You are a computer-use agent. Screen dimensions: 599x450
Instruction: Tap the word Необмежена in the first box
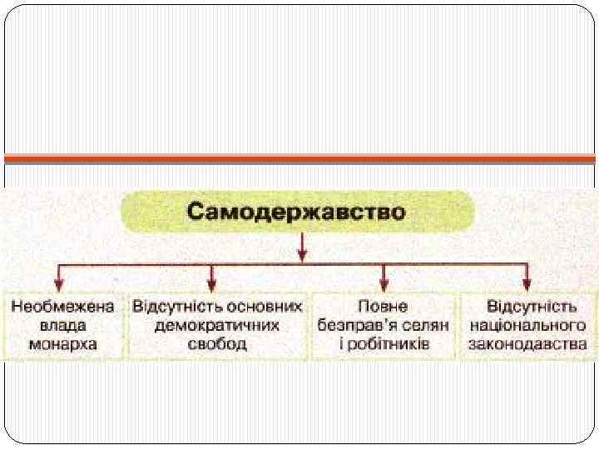pyautogui.click(x=62, y=305)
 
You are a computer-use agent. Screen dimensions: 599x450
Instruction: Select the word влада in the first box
pyautogui.click(x=62, y=324)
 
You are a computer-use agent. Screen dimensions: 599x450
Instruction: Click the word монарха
pyautogui.click(x=62, y=343)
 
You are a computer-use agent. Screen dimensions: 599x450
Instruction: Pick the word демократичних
pyautogui.click(x=216, y=324)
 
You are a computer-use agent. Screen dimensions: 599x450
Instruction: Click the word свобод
pyautogui.click(x=216, y=343)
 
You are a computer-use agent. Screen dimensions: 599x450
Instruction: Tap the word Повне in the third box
pyautogui.click(x=383, y=305)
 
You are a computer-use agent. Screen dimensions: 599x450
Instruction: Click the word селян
pyautogui.click(x=427, y=324)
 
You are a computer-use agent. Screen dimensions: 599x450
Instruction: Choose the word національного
pyautogui.click(x=527, y=324)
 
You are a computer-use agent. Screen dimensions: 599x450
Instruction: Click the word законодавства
pyautogui.click(x=527, y=343)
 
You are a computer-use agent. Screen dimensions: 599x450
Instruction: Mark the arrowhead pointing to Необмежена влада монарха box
pyautogui.click(x=57, y=284)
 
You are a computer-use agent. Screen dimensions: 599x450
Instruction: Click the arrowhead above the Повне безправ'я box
pyautogui.click(x=384, y=284)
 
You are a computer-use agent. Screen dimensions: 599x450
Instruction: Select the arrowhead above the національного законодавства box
pyautogui.click(x=527, y=284)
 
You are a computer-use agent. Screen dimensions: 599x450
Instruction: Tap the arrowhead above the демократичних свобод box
pyautogui.click(x=211, y=284)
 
